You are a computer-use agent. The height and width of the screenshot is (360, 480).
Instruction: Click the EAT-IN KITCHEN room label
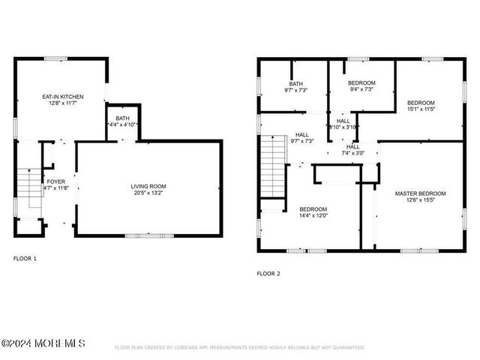point(62,97)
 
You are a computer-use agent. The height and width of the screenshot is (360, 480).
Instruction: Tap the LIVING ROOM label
point(148,186)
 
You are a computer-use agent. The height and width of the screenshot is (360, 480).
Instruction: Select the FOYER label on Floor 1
point(56,181)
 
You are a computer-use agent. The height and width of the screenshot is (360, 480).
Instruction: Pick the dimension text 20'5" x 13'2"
point(148,193)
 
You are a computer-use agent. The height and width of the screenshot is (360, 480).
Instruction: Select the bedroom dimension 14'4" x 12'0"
point(313,216)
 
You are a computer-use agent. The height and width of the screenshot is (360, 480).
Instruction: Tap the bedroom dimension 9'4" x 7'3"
point(362,90)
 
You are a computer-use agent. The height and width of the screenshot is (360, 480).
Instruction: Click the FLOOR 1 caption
point(25,259)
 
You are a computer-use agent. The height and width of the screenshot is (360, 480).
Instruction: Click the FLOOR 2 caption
point(268,274)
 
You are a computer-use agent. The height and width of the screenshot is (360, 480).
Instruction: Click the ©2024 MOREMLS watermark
point(43,343)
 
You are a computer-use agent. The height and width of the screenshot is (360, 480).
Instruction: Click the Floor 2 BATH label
point(295,83)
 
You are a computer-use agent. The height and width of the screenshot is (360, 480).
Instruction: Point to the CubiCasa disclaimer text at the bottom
point(239,347)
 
